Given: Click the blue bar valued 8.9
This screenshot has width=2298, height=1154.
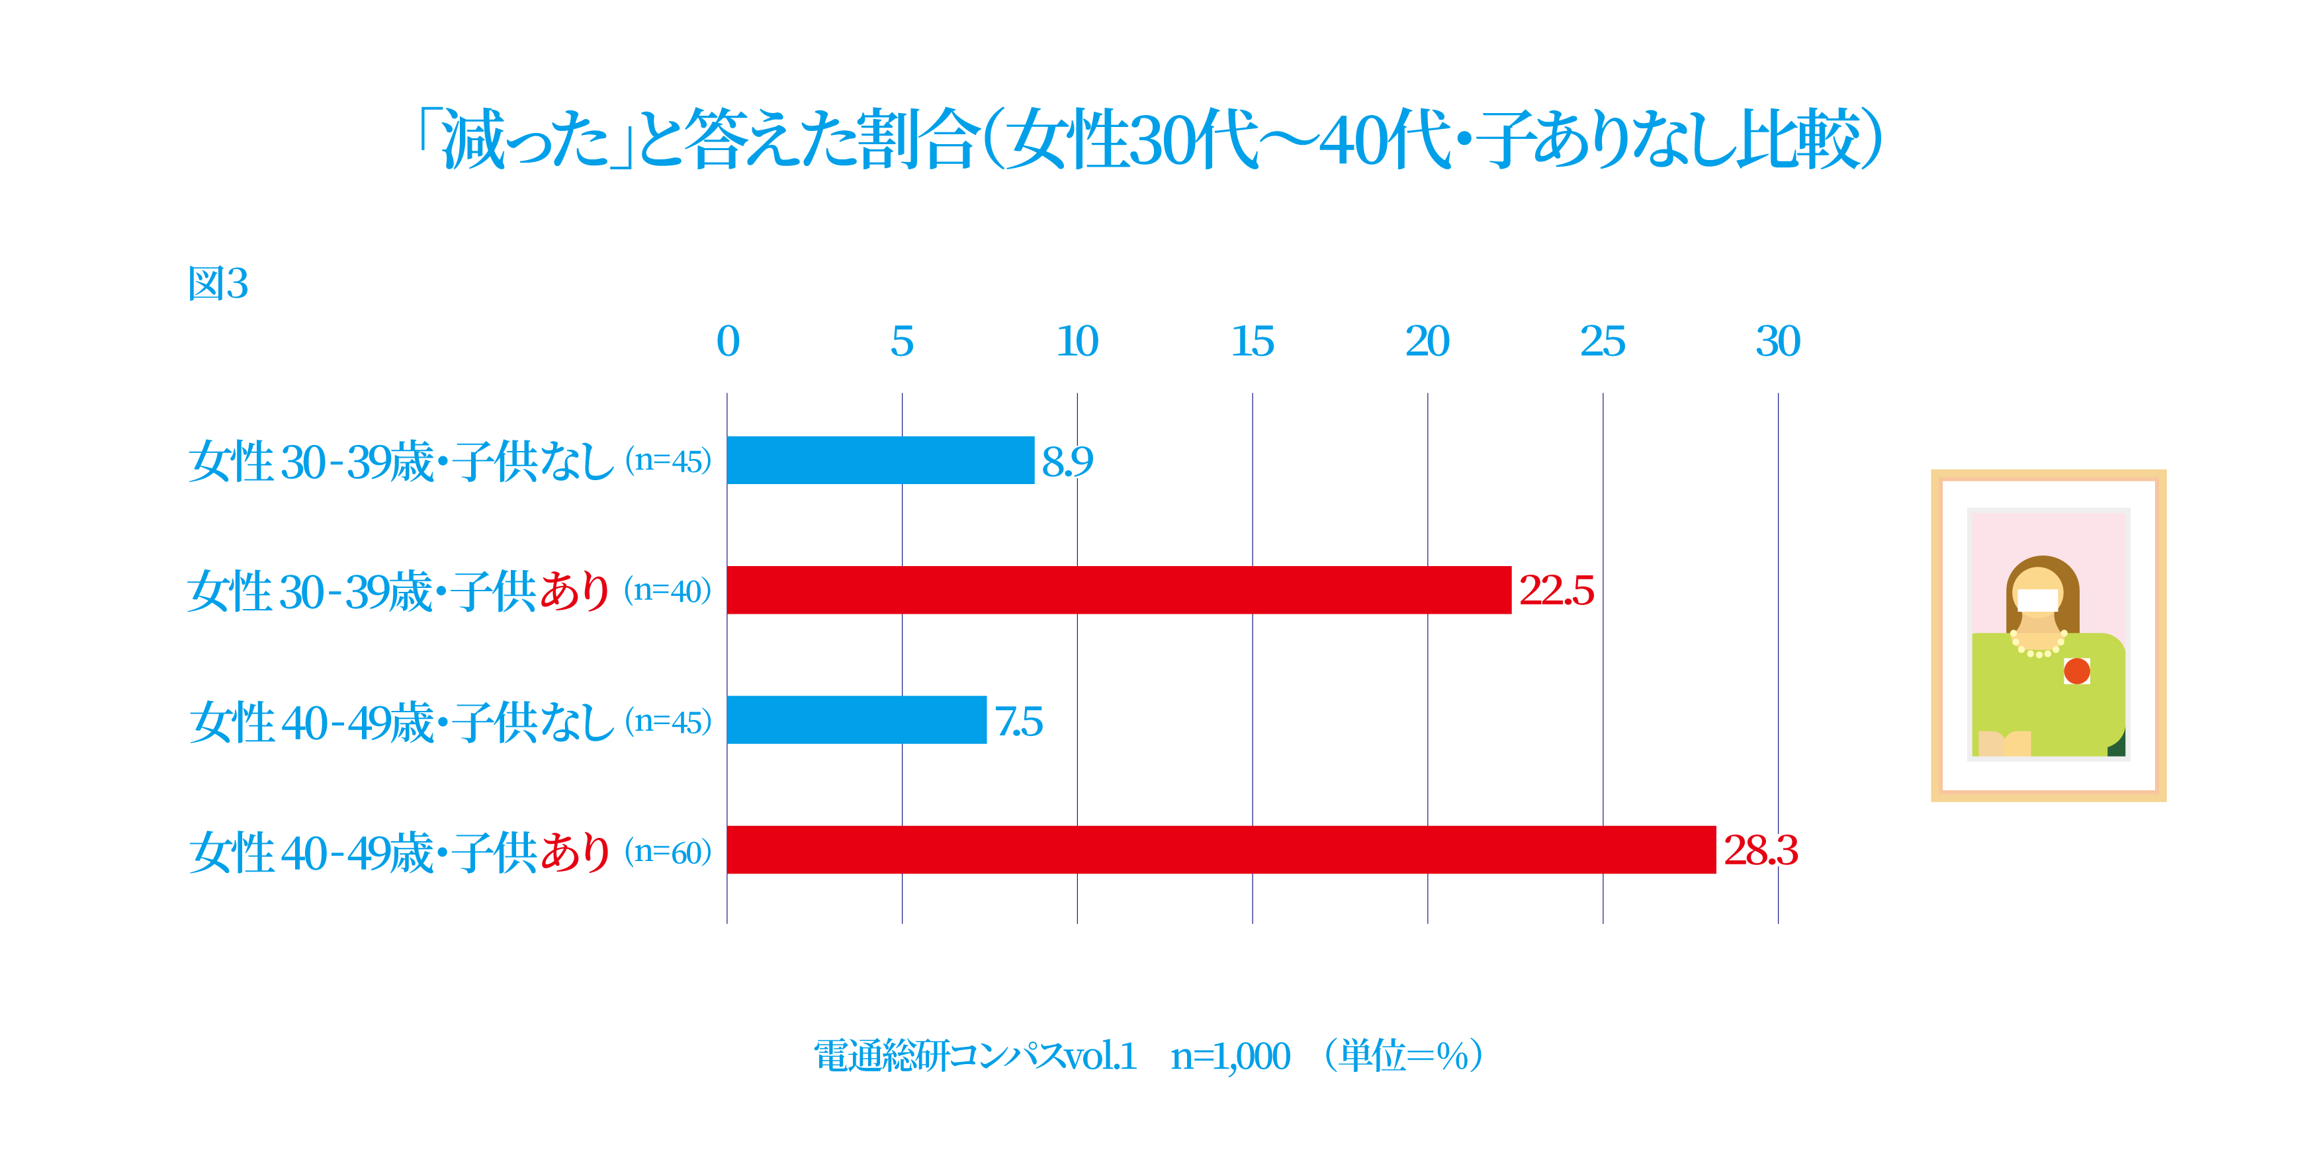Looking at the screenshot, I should click(881, 460).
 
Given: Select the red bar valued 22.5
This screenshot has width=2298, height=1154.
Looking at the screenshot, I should click(1119, 589).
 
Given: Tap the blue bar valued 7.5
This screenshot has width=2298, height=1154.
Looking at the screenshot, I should click(856, 720).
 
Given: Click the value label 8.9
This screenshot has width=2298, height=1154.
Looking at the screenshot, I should click(1067, 461).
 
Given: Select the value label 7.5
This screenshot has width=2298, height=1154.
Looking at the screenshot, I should click(1019, 721).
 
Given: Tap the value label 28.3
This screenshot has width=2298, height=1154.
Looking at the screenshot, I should click(1760, 850).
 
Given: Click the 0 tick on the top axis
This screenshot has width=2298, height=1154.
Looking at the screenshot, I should click(728, 341).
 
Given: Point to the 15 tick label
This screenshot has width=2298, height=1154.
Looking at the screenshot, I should click(1253, 341).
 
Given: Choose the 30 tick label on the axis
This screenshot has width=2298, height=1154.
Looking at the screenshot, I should click(1778, 341).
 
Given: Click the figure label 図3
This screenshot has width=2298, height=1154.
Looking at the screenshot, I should click(218, 284).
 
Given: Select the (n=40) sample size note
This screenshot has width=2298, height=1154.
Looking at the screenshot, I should click(667, 591).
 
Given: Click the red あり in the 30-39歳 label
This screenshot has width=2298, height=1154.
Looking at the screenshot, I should click(574, 591).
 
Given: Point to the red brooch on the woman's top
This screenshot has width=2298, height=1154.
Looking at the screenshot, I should click(2077, 671).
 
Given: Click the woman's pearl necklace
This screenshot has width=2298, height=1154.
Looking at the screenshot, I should click(2039, 647).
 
